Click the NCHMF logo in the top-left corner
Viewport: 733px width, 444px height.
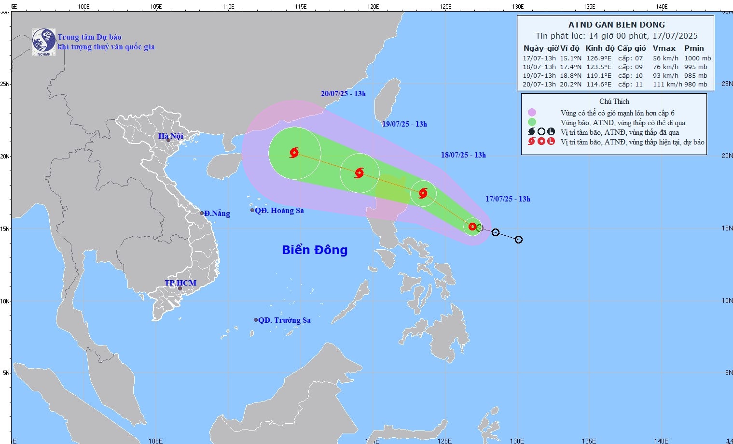click(43, 42)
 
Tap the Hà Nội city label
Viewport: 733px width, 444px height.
click(171, 136)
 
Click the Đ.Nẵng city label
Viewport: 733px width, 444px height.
click(217, 214)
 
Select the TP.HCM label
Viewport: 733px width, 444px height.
click(180, 283)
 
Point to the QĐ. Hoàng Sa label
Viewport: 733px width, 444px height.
click(279, 211)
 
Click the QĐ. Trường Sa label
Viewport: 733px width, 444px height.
click(284, 320)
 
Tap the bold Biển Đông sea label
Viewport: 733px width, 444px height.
click(315, 250)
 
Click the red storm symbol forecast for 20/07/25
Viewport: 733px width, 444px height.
click(294, 153)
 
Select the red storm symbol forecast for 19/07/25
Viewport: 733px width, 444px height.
click(360, 173)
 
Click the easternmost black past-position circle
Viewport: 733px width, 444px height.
click(519, 240)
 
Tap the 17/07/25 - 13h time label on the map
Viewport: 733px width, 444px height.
click(508, 199)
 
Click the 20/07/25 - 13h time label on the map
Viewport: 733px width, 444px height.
click(343, 94)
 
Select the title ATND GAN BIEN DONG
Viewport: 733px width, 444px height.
click(616, 25)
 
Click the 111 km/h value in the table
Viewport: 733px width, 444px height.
click(667, 85)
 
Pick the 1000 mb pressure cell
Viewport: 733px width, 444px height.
click(697, 58)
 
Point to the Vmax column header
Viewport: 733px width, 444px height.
click(664, 48)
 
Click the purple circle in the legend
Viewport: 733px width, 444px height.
click(532, 113)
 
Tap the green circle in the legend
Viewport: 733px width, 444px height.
click(532, 122)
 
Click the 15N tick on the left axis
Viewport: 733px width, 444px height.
click(5, 229)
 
